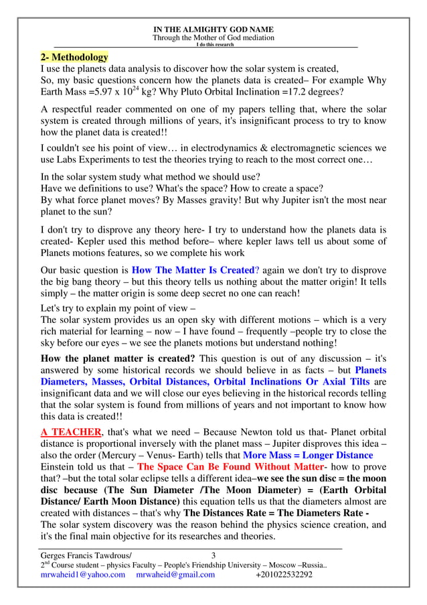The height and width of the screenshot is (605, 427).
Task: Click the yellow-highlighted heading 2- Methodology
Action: (74, 57)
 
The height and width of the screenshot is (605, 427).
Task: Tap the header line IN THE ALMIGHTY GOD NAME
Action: (213, 29)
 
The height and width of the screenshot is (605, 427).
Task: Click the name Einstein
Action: (60, 467)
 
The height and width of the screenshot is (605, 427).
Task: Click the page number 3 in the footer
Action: (213, 555)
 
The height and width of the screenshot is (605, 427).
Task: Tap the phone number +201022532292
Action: (284, 575)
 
